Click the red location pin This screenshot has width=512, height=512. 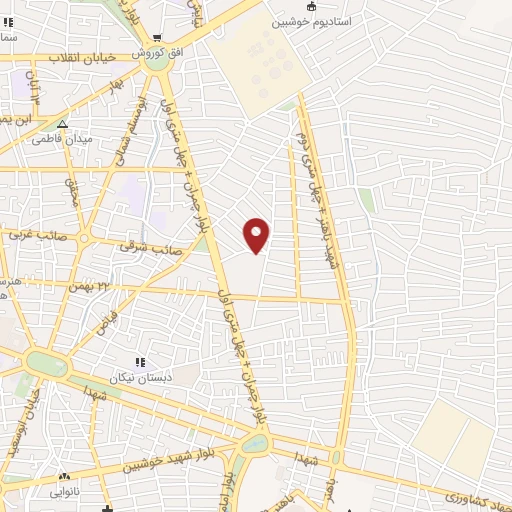point(257,234)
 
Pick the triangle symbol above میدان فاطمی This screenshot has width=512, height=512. point(62,125)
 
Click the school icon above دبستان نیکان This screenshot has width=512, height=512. point(140,362)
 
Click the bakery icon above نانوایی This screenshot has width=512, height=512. point(66,477)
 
